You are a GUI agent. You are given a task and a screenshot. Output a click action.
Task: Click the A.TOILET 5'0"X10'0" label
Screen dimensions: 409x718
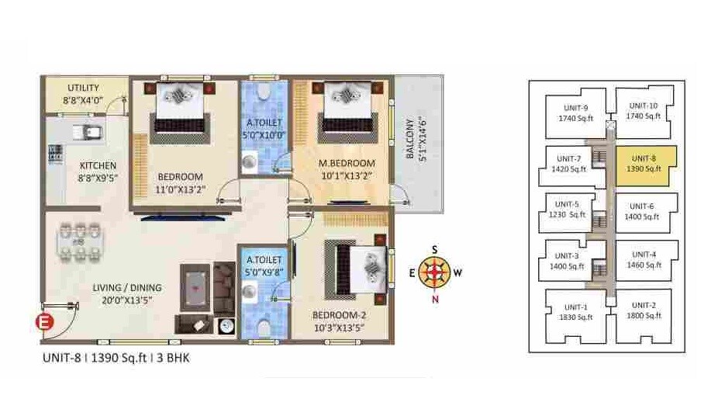click(264, 128)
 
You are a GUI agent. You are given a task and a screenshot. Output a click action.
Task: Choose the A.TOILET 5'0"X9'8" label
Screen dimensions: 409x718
click(264, 266)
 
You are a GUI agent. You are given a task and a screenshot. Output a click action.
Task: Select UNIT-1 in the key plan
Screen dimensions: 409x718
click(575, 311)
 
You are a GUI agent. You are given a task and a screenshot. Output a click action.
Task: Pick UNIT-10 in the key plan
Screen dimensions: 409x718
click(643, 111)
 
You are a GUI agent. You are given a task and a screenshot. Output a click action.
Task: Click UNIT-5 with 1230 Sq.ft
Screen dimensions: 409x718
click(572, 210)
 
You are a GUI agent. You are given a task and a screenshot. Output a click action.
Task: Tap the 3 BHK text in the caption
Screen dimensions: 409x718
click(173, 358)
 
